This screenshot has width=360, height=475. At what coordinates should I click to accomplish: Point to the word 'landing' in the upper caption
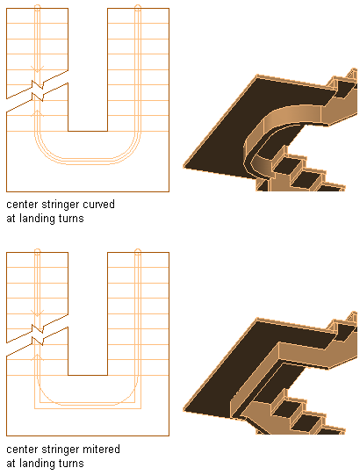(x=37, y=219)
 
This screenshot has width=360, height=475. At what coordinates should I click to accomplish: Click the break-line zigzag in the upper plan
(x=38, y=90)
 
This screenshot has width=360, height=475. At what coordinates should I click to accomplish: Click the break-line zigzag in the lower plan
(x=38, y=335)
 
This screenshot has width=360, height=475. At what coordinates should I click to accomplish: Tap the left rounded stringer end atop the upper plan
(x=37, y=8)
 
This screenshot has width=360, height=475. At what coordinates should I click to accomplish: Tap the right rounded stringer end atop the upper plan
(x=138, y=8)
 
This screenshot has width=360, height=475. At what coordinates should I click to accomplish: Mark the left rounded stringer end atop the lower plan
(x=37, y=252)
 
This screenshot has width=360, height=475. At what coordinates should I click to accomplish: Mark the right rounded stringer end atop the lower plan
(x=138, y=252)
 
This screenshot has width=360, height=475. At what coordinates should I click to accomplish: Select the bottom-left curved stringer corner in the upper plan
(x=46, y=153)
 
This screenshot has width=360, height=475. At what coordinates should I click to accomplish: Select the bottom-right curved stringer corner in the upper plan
(x=130, y=153)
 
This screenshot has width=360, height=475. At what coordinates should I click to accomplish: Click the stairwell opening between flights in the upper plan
(x=88, y=69)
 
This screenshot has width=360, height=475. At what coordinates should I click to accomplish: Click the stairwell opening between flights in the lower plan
(x=88, y=313)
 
